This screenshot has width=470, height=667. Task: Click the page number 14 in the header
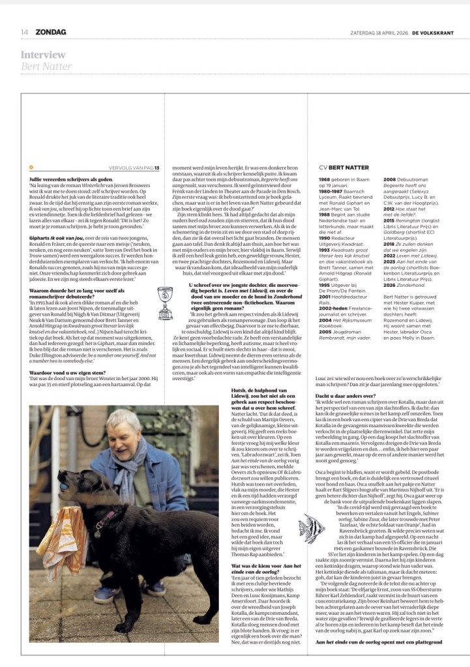tap(23, 32)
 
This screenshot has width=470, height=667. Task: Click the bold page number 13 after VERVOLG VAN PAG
tap(157, 168)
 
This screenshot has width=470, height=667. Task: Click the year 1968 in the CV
tap(325, 179)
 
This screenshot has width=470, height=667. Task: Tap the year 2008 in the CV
tap(390, 179)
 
